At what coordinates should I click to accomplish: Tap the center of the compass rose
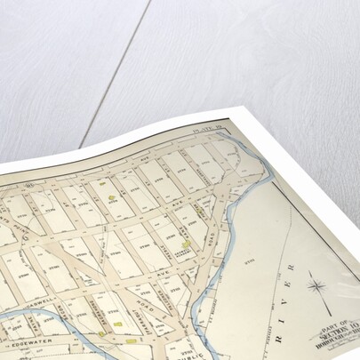click(317, 287)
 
